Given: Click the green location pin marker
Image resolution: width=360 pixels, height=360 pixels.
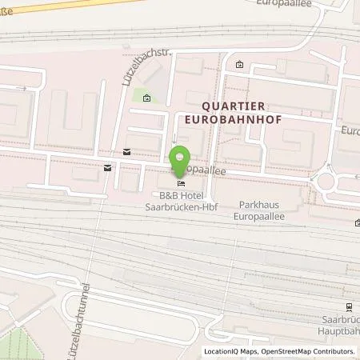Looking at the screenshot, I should pyautogui.click(x=181, y=159).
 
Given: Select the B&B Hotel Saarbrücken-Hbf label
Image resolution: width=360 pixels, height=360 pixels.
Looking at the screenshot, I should pyautogui.click(x=179, y=202).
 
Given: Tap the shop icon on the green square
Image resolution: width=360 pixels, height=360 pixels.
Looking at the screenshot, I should pyautogui.click(x=146, y=98).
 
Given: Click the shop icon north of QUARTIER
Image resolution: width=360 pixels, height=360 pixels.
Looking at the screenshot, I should pyautogui.click(x=239, y=65).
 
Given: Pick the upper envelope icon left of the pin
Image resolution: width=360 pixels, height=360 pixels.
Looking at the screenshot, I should pyautogui.click(x=126, y=151).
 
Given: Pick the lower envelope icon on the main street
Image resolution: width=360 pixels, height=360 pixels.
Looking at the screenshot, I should pyautogui.click(x=107, y=167).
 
